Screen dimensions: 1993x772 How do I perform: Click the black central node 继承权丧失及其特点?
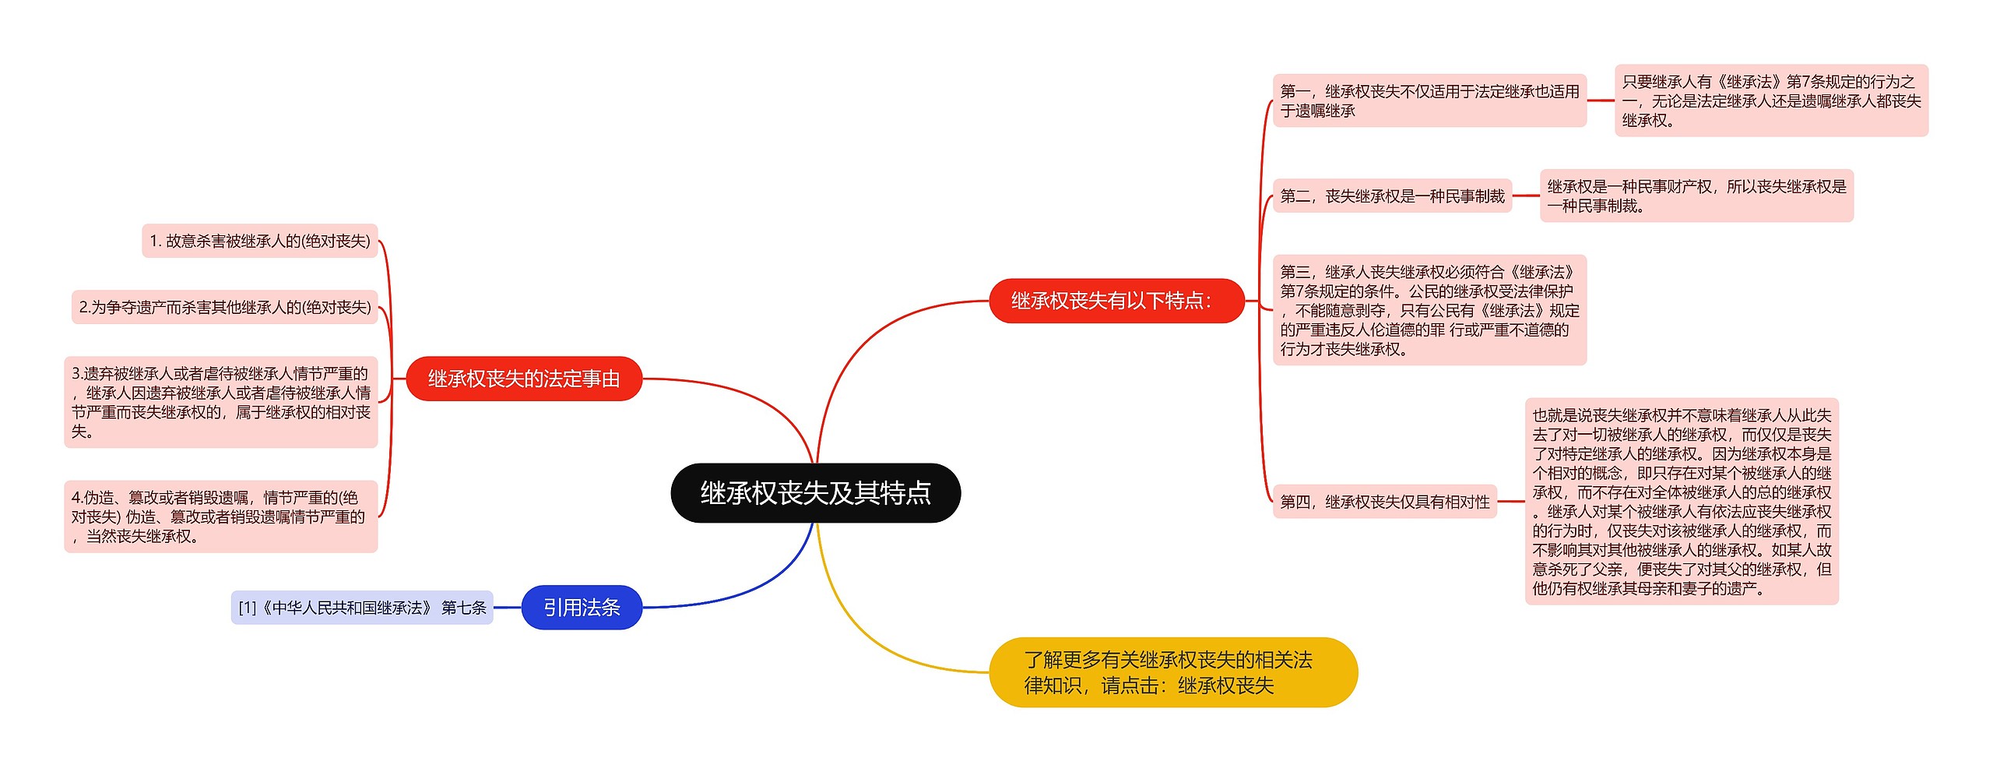click(x=815, y=492)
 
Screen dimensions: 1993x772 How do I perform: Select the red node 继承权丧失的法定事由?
click(x=524, y=379)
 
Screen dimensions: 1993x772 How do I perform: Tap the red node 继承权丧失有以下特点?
click(x=1116, y=301)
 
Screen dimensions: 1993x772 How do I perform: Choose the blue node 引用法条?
click(x=582, y=607)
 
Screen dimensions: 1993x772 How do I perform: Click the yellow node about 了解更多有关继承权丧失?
click(x=1172, y=672)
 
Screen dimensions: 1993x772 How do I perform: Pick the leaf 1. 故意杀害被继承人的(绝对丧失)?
click(x=260, y=241)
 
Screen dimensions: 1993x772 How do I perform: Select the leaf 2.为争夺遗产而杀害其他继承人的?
click(x=225, y=307)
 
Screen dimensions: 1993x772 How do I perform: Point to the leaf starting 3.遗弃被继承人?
click(x=221, y=402)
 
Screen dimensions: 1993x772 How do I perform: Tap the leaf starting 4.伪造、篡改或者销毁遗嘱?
click(x=221, y=516)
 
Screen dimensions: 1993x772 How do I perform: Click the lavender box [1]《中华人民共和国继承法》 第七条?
click(x=362, y=607)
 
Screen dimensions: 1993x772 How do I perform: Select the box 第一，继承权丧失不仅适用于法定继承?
click(x=1429, y=100)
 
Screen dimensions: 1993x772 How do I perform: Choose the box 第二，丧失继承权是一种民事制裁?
click(x=1392, y=196)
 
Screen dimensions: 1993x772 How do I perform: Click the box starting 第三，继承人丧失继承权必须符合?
click(x=1429, y=310)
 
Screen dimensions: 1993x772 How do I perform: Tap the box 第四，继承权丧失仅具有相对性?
click(x=1385, y=502)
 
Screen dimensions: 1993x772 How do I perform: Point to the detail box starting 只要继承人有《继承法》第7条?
click(x=1771, y=100)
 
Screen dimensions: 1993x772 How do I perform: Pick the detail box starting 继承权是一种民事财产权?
click(x=1696, y=196)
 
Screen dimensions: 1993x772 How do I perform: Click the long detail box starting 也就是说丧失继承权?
click(x=1682, y=502)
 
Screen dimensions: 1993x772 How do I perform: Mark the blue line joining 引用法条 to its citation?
click(x=507, y=607)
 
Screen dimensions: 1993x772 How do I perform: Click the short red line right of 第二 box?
click(x=1526, y=196)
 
